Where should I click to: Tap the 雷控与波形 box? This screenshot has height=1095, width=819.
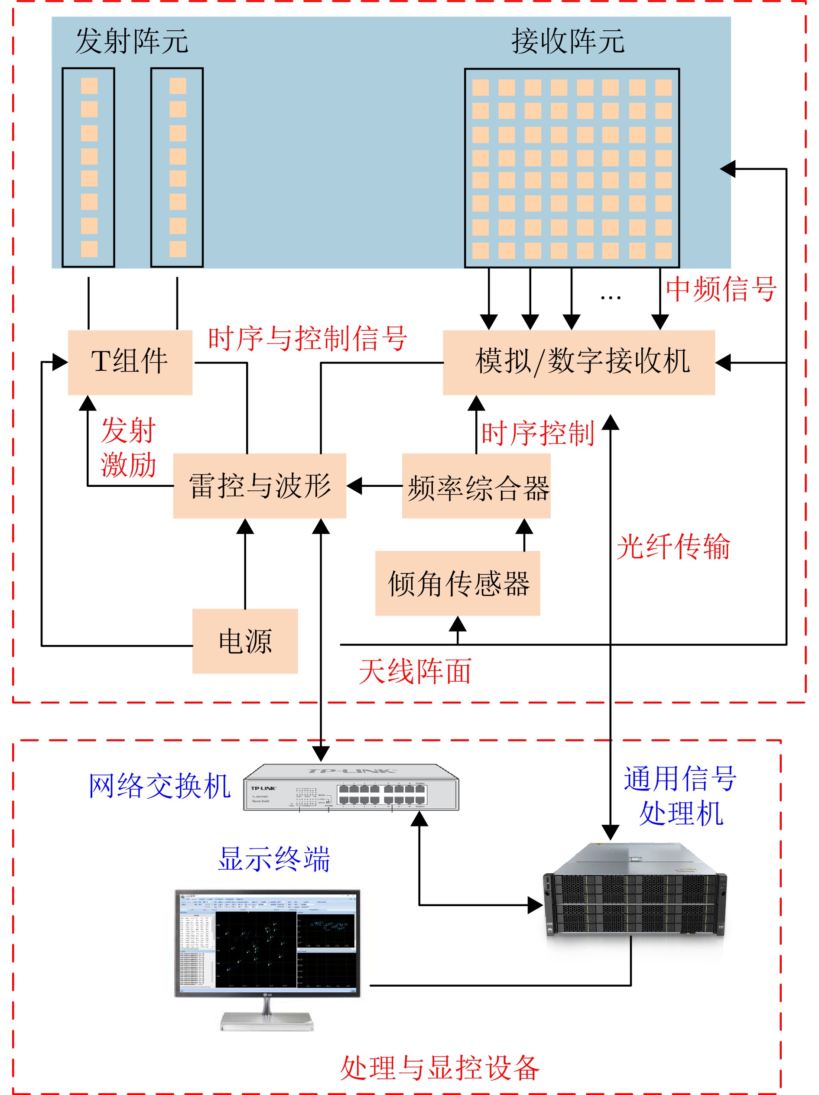click(x=259, y=486)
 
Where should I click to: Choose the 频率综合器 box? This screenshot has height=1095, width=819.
click(x=476, y=486)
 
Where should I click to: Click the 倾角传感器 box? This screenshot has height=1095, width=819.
click(x=457, y=583)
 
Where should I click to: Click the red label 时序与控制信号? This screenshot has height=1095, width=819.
click(x=307, y=339)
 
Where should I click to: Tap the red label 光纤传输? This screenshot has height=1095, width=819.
click(x=673, y=547)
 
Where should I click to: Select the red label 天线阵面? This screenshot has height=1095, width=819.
click(x=415, y=672)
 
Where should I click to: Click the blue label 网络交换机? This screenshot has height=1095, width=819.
click(x=159, y=786)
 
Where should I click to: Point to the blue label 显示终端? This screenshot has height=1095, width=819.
click(x=274, y=859)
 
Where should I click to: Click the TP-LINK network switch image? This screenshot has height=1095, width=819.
click(x=351, y=788)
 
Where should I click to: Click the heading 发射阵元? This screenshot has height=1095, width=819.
click(x=132, y=41)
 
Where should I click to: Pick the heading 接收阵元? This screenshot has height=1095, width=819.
click(x=568, y=41)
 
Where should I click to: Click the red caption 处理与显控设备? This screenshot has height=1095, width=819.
click(x=439, y=1068)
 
